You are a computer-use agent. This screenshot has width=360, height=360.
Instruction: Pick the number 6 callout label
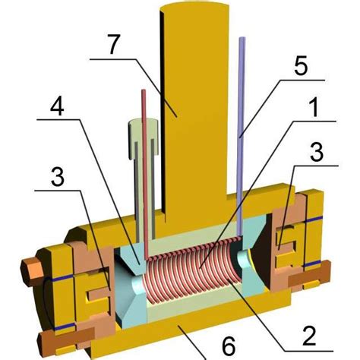pos(226,344)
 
